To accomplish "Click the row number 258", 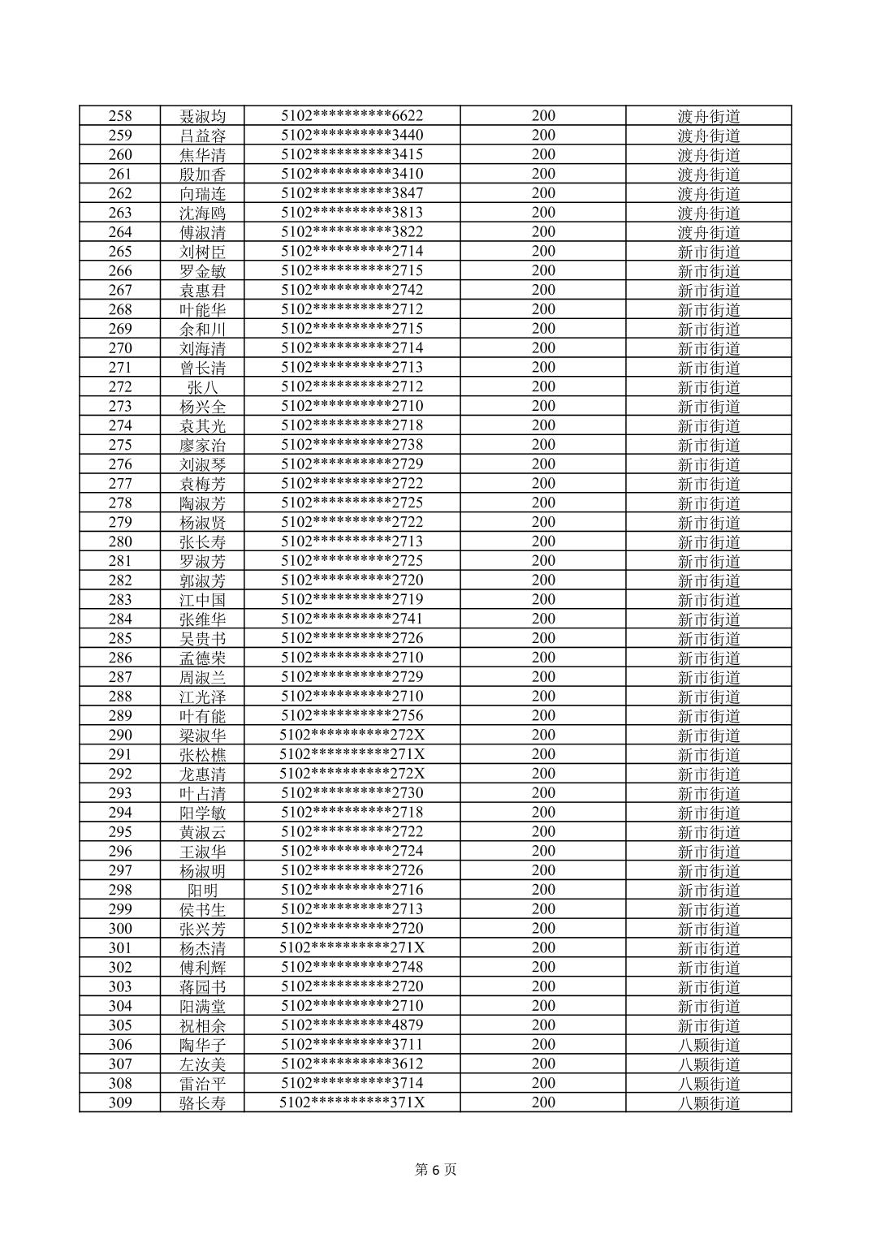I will pyautogui.click(x=120, y=116).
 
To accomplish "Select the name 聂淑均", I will pyautogui.click(x=203, y=116).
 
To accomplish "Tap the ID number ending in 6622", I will pyautogui.click(x=352, y=116).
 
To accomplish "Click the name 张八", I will pyautogui.click(x=203, y=387).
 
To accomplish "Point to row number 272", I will pyautogui.click(x=120, y=387).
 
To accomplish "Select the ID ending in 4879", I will pyautogui.click(x=352, y=1025).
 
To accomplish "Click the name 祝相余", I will pyautogui.click(x=203, y=1025).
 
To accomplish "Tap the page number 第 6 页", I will pyautogui.click(x=436, y=1169).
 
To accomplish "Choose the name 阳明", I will pyautogui.click(x=203, y=890).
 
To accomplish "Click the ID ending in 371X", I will pyautogui.click(x=352, y=1102).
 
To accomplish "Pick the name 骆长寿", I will pyautogui.click(x=203, y=1102).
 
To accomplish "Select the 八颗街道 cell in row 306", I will pyautogui.click(x=709, y=1045).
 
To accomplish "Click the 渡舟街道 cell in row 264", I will pyautogui.click(x=709, y=232).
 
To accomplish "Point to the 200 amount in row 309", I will pyautogui.click(x=543, y=1102).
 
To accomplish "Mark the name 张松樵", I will pyautogui.click(x=203, y=754).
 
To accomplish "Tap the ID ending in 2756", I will pyautogui.click(x=352, y=716).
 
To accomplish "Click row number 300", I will pyautogui.click(x=120, y=929).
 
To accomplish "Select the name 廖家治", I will pyautogui.click(x=203, y=445).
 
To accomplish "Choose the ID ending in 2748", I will pyautogui.click(x=352, y=967).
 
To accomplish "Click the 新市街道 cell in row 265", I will pyautogui.click(x=709, y=252).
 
